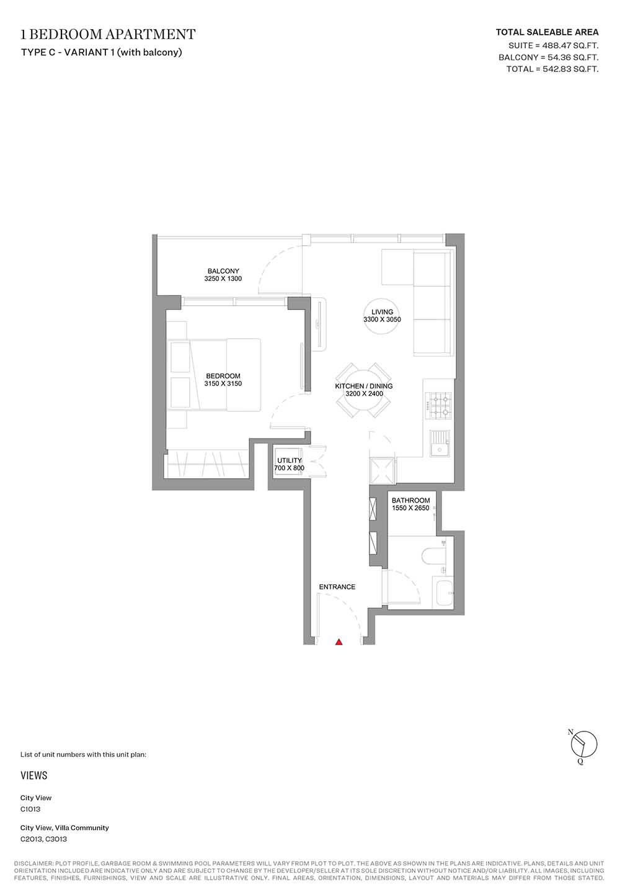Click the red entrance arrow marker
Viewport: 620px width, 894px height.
pyautogui.click(x=339, y=641)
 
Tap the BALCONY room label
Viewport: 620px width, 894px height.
pyautogui.click(x=223, y=271)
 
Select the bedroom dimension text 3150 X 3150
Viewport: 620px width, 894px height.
pyautogui.click(x=223, y=383)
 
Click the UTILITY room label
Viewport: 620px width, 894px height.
pyautogui.click(x=290, y=460)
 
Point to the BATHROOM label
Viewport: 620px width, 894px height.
pyautogui.click(x=410, y=501)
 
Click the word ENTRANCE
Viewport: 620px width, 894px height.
pyautogui.click(x=337, y=587)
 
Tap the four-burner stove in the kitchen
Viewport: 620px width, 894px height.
pyautogui.click(x=438, y=406)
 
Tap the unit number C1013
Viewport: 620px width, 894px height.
pyautogui.click(x=30, y=809)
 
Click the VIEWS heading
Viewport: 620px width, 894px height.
pyautogui.click(x=34, y=775)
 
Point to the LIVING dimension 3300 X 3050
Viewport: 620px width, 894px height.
pyautogui.click(x=382, y=320)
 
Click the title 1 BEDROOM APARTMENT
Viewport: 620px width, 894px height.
pyautogui.click(x=108, y=34)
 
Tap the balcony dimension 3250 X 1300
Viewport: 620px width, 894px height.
pyautogui.click(x=223, y=279)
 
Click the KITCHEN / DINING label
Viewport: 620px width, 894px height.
pyautogui.click(x=364, y=386)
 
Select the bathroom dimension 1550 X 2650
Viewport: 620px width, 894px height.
pyautogui.click(x=410, y=508)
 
